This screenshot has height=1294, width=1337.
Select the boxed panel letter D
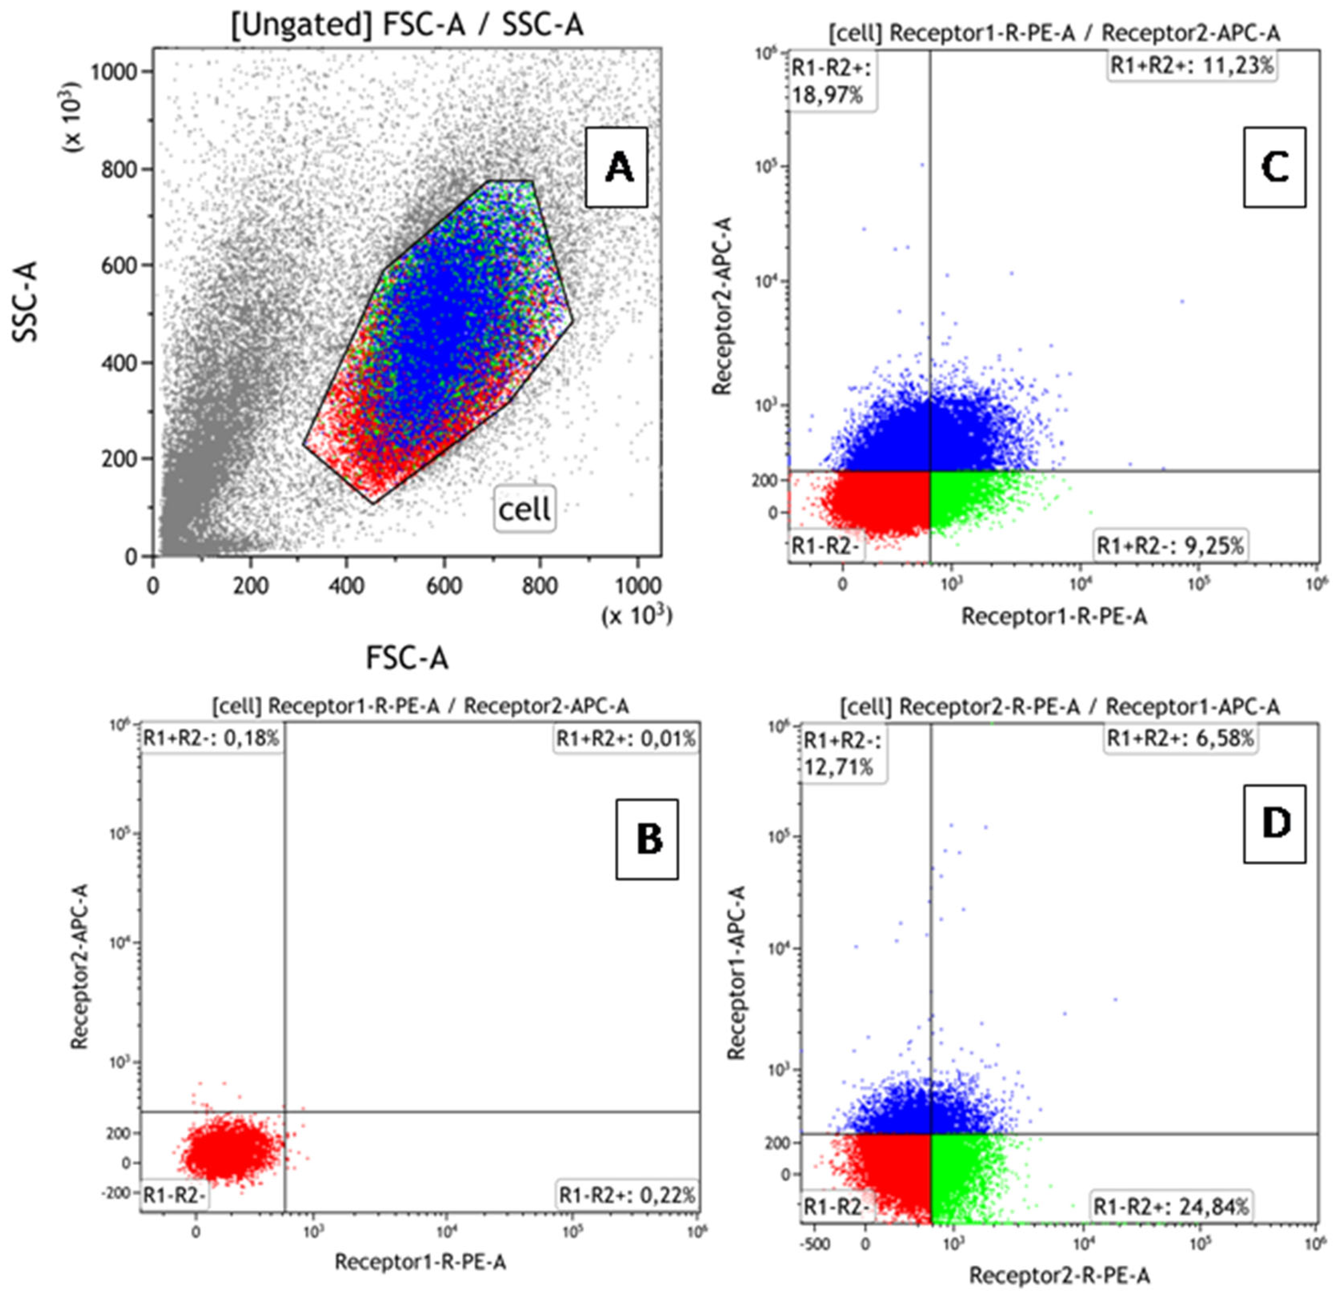click(x=1274, y=824)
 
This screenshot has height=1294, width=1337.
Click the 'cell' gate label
click(x=524, y=508)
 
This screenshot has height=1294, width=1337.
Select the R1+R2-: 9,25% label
click(x=1170, y=546)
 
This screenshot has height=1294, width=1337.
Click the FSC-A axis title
click(x=407, y=658)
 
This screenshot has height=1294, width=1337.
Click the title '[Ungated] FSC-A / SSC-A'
click(x=407, y=26)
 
